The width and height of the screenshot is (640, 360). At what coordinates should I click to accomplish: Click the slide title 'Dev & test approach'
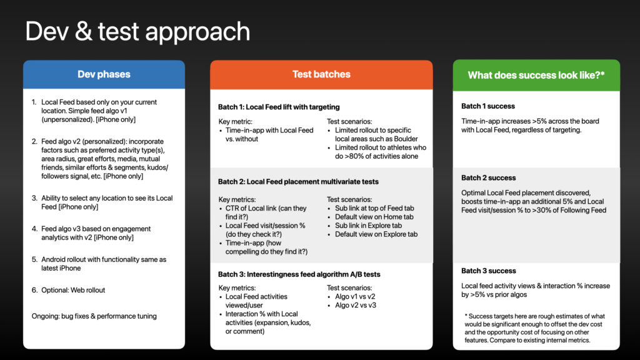pos(137,31)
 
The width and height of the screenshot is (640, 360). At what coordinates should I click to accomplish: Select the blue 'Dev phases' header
pos(104,74)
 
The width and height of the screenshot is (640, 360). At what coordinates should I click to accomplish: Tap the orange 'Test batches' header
pos(321,74)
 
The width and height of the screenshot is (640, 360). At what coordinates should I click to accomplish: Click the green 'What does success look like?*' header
pos(536,75)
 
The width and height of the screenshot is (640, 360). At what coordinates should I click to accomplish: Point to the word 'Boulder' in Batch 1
pos(406,139)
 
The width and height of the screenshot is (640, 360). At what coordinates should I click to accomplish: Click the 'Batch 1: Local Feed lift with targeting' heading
pos(279,107)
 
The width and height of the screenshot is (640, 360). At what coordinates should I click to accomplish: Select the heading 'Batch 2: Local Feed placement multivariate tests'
pos(298,182)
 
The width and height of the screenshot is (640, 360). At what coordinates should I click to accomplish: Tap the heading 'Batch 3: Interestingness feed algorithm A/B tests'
pos(299,274)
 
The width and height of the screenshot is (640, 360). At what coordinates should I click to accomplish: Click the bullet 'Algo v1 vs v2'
pos(355,297)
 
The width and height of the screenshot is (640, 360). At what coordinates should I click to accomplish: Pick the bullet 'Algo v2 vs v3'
pos(356,305)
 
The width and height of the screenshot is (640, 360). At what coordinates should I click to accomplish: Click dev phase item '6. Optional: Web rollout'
pos(68,290)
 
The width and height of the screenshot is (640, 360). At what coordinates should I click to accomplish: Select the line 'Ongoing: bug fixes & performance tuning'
pos(94,316)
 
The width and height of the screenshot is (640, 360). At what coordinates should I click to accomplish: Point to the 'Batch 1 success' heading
pos(488,106)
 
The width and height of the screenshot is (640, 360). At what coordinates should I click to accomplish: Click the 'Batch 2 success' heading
pos(489,178)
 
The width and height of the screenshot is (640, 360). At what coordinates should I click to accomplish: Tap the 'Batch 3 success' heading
pos(489,271)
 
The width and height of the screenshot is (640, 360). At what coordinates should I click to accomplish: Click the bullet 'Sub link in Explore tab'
pos(369,226)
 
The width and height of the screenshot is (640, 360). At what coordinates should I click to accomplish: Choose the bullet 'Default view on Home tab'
pos(374,217)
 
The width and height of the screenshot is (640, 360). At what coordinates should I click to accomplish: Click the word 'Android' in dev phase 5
pos(54,259)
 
